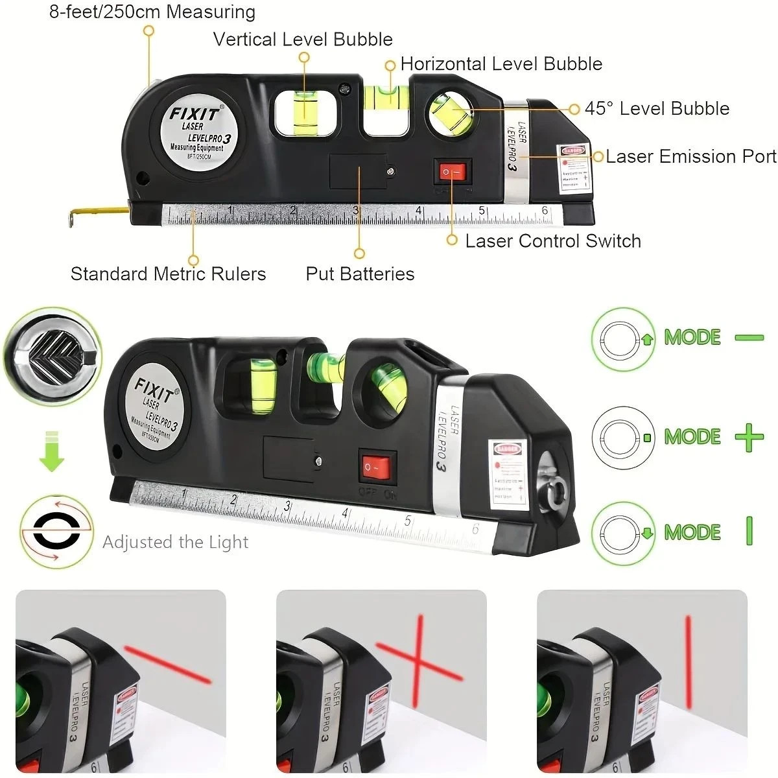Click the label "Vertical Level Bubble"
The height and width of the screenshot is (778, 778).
[303, 40]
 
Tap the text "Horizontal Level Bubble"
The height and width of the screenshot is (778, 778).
[501, 64]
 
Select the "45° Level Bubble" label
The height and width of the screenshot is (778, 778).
[657, 109]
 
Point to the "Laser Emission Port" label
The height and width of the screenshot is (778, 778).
[690, 157]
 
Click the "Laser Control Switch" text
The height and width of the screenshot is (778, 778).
[553, 241]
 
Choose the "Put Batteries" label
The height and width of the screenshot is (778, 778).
[360, 274]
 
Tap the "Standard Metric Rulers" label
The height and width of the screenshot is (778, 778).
[168, 274]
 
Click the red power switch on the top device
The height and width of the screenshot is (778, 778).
[453, 172]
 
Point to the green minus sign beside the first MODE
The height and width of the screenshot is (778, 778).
[749, 338]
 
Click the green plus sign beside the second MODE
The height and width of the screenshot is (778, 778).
[749, 438]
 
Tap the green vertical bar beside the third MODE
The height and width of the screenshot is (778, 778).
[749, 532]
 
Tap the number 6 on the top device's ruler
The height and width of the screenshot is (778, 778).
[545, 211]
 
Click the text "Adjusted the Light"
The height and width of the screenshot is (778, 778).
[175, 543]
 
